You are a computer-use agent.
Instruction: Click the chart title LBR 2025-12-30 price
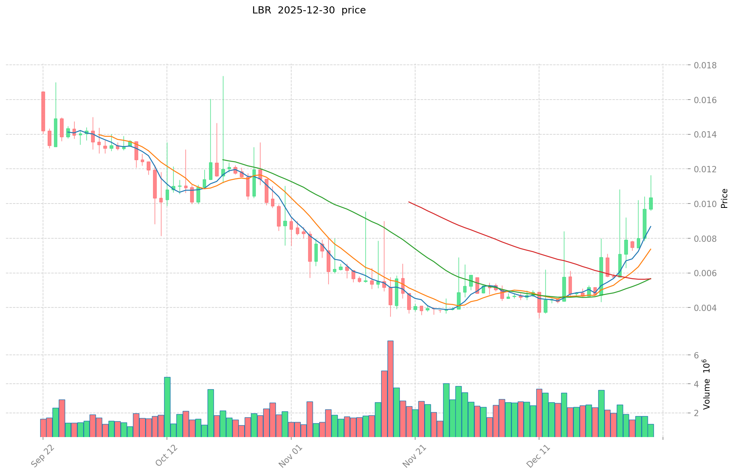tap(309, 11)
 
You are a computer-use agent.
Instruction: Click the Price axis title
tap(724, 198)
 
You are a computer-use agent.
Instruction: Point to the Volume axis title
tap(706, 384)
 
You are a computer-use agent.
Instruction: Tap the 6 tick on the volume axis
tap(697, 355)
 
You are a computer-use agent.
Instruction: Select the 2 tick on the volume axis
tap(697, 413)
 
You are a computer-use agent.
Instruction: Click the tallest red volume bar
tap(390, 388)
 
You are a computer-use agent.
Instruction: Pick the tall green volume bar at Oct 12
tap(167, 407)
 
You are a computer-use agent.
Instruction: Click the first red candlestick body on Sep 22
tap(43, 111)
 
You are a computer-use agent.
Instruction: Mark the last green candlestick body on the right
tap(651, 203)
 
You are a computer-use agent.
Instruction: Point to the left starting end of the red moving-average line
tap(409, 202)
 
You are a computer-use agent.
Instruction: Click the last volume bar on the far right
tap(651, 430)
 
